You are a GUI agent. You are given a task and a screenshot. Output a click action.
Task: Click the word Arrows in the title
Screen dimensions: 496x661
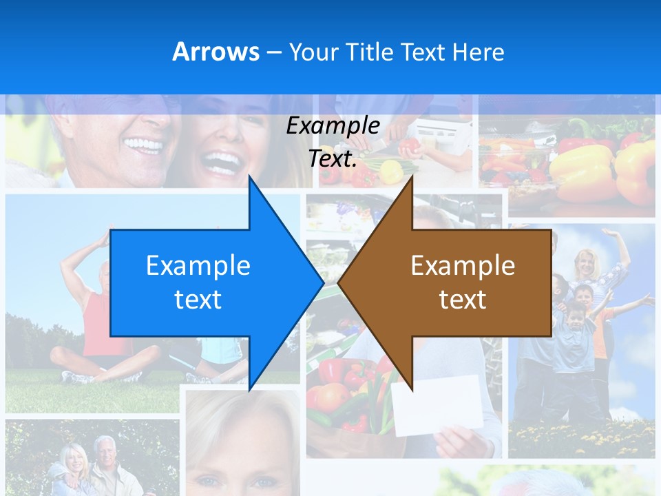point(216,52)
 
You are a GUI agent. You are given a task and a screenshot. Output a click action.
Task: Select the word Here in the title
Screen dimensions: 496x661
point(478,52)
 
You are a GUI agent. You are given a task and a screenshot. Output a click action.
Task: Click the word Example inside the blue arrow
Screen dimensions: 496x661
point(198,265)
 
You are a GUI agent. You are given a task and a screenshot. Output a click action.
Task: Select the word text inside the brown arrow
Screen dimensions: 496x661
point(463,299)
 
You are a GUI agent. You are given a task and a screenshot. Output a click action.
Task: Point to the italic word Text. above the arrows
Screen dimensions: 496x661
point(333,159)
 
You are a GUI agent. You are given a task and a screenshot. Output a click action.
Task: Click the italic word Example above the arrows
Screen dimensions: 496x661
point(333,126)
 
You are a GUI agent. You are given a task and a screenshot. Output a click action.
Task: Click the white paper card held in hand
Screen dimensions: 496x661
point(437,406)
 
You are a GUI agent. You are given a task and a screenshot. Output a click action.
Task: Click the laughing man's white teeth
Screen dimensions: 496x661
point(144,145)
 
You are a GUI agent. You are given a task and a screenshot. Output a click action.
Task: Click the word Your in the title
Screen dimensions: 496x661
point(314,52)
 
